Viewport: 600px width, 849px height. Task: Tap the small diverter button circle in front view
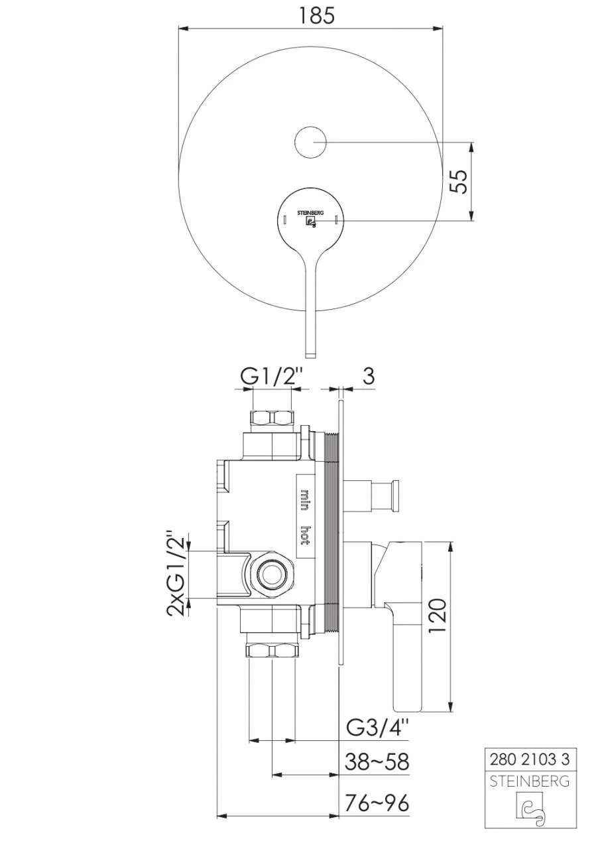(310, 142)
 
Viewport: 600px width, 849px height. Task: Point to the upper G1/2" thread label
(272, 376)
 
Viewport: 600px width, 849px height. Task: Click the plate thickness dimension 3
(368, 375)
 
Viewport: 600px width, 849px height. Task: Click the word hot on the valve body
(305, 535)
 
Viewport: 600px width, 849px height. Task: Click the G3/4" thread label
(378, 728)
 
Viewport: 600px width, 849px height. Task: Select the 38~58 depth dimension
(377, 762)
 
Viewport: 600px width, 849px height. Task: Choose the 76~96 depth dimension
(377, 803)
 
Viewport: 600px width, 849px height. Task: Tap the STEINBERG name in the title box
(528, 781)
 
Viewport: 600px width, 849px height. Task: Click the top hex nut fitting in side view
(272, 419)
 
